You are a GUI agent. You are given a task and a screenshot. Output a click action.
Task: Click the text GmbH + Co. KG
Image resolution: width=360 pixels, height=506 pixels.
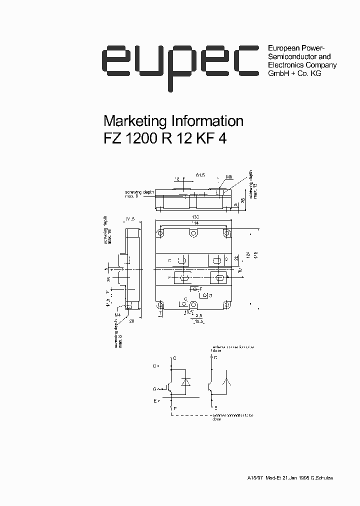(x=294, y=73)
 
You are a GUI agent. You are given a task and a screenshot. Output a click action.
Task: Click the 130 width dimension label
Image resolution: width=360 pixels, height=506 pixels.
(x=194, y=217)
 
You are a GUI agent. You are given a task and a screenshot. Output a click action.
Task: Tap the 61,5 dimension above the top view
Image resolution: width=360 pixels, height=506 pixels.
(x=200, y=175)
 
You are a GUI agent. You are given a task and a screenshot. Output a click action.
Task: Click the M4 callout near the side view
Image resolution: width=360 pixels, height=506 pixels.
(x=117, y=314)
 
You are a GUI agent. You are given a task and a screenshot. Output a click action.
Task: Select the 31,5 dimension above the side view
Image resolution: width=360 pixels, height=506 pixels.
(x=131, y=219)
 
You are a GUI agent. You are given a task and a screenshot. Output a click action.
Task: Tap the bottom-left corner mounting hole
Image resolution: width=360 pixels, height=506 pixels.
(x=160, y=304)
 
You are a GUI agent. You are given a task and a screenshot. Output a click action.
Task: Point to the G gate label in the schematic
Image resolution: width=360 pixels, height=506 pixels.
(x=155, y=388)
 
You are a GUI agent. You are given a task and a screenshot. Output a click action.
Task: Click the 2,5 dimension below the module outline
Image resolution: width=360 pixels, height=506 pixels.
(x=199, y=316)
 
